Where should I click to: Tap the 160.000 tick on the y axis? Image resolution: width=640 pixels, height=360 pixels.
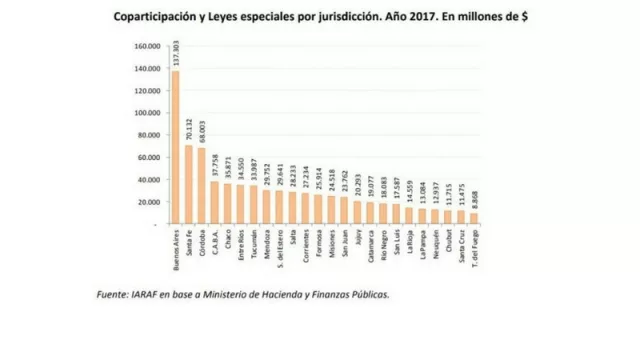click(146, 46)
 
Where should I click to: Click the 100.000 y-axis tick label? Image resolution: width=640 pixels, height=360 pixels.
click(146, 113)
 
